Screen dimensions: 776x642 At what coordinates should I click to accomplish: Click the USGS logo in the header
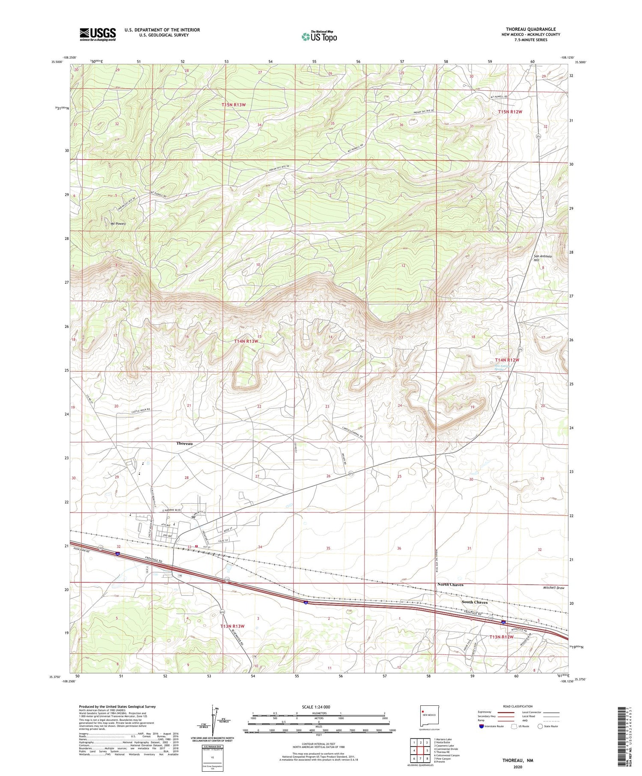[98, 34]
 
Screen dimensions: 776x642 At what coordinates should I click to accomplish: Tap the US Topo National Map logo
[319, 37]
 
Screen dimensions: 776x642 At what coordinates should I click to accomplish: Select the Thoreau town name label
[184, 443]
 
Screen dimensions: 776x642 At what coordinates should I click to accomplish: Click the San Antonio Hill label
[542, 258]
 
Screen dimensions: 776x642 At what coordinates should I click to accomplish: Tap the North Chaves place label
[450, 584]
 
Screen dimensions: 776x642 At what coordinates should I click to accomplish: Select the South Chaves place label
[474, 602]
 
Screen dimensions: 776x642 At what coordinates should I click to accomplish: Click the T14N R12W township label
[507, 360]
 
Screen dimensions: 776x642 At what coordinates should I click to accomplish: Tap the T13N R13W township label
[232, 626]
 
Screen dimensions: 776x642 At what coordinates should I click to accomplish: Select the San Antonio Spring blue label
[503, 368]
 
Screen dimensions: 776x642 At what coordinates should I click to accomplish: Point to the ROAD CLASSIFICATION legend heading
[518, 706]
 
